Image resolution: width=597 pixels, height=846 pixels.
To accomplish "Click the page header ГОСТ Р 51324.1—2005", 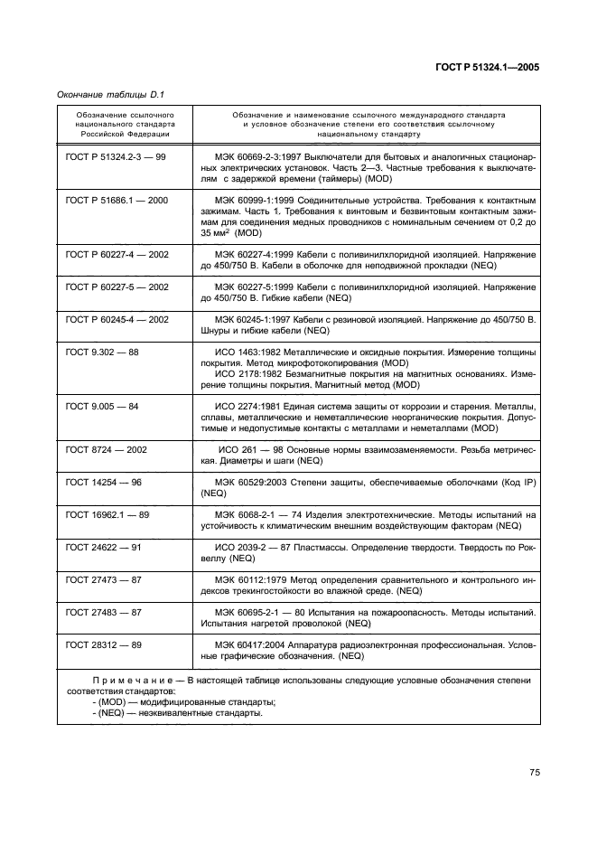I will [489, 67].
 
